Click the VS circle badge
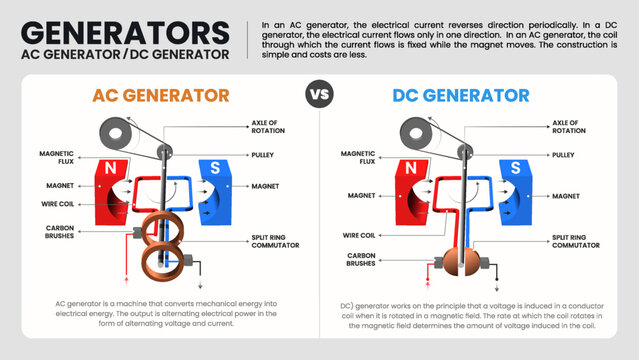point(319,96)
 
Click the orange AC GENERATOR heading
point(161,96)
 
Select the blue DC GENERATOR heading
point(463,96)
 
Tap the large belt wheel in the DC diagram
point(412,132)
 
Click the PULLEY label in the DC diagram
point(564,155)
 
